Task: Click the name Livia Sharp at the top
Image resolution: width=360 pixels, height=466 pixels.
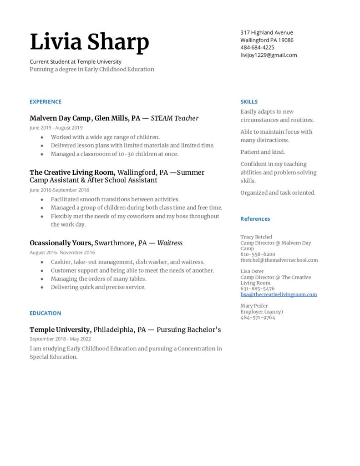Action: (x=89, y=42)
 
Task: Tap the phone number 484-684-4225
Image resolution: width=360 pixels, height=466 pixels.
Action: (x=257, y=47)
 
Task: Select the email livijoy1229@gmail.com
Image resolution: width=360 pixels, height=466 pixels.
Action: (x=269, y=55)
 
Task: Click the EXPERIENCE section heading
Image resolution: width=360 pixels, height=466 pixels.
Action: (x=46, y=101)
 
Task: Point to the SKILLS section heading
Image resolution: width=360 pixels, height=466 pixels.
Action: (x=249, y=101)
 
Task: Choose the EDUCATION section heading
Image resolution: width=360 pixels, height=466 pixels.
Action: (x=46, y=313)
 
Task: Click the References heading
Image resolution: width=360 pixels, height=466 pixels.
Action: (x=255, y=219)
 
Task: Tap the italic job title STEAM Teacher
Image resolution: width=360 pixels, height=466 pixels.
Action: (x=174, y=118)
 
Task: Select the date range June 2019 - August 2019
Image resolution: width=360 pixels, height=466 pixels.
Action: (x=56, y=128)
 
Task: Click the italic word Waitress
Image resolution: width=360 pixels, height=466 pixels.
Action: (x=170, y=243)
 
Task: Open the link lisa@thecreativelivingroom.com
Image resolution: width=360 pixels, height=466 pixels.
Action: (x=279, y=294)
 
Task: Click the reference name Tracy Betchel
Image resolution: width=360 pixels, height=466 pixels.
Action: (x=256, y=237)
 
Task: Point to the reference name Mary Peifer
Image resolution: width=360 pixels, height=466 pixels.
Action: (x=254, y=306)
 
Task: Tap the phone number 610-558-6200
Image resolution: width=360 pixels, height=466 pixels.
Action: (x=258, y=254)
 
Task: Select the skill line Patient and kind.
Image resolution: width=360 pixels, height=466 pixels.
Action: (x=263, y=152)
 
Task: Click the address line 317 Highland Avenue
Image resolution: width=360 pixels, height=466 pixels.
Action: (x=267, y=32)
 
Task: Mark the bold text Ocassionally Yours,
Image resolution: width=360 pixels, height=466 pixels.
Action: (x=61, y=243)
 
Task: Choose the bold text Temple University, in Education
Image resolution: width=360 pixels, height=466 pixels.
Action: (x=61, y=329)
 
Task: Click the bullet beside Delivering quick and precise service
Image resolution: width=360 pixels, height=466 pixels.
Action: (x=42, y=288)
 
